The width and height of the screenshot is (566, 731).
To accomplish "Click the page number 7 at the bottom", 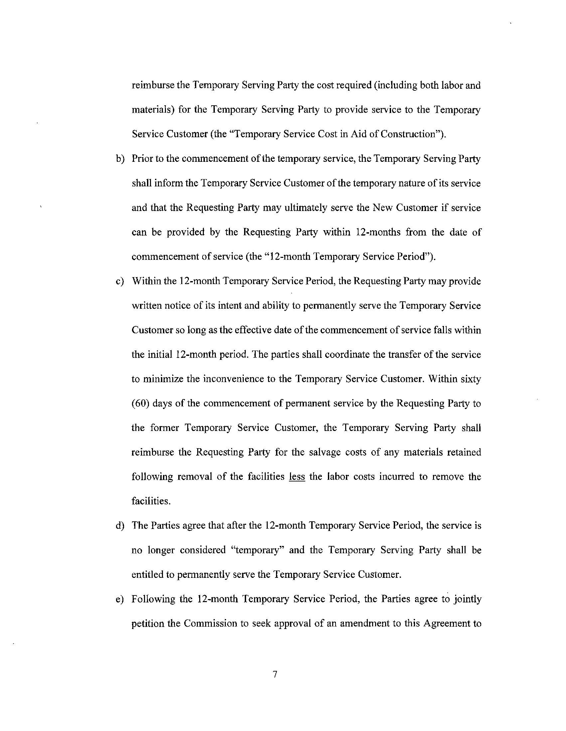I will click(x=275, y=674).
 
